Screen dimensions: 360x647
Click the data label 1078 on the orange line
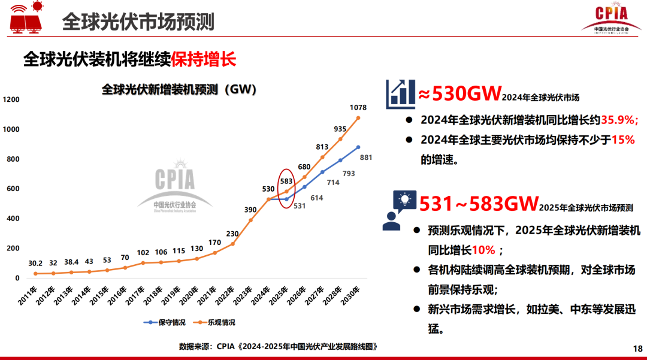click(358, 108)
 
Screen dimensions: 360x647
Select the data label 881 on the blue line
click(366, 158)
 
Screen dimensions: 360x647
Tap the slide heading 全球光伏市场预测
click(138, 22)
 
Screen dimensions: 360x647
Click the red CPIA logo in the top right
click(612, 18)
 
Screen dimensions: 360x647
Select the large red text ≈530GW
click(459, 93)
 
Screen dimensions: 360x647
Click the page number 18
click(637, 348)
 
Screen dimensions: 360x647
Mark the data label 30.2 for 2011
click(35, 263)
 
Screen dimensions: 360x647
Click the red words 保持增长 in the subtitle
click(203, 59)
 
